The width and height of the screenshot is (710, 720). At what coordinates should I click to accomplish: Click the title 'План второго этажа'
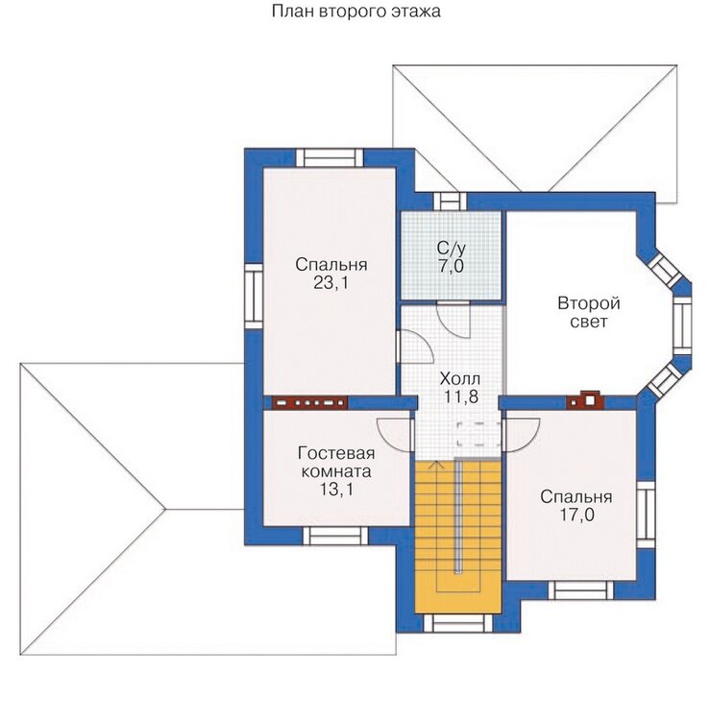coord(355,11)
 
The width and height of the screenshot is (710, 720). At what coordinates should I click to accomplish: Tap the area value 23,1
coord(331,283)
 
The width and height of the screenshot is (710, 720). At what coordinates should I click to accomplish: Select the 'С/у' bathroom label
coord(451,249)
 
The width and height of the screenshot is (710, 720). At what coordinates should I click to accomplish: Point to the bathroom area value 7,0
coord(451,266)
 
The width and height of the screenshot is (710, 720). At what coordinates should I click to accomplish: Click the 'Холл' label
coord(460,379)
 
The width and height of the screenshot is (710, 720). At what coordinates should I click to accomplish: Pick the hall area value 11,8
coord(461,396)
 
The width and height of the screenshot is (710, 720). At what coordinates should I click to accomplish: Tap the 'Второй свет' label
coord(589,312)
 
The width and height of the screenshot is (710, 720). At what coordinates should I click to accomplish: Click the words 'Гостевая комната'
coord(336,463)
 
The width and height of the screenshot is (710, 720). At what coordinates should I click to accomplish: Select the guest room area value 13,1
coord(336,490)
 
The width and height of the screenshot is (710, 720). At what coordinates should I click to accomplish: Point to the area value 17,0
coord(576,515)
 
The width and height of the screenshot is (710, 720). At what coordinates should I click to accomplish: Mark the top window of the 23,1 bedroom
coord(330,158)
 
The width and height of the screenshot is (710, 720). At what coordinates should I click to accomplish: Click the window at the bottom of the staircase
coord(457,623)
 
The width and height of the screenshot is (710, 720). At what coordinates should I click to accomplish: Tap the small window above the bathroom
coord(450,202)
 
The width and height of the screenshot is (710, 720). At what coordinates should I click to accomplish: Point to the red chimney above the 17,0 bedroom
coord(585,401)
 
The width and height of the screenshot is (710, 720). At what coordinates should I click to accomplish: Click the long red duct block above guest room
coord(309,402)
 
